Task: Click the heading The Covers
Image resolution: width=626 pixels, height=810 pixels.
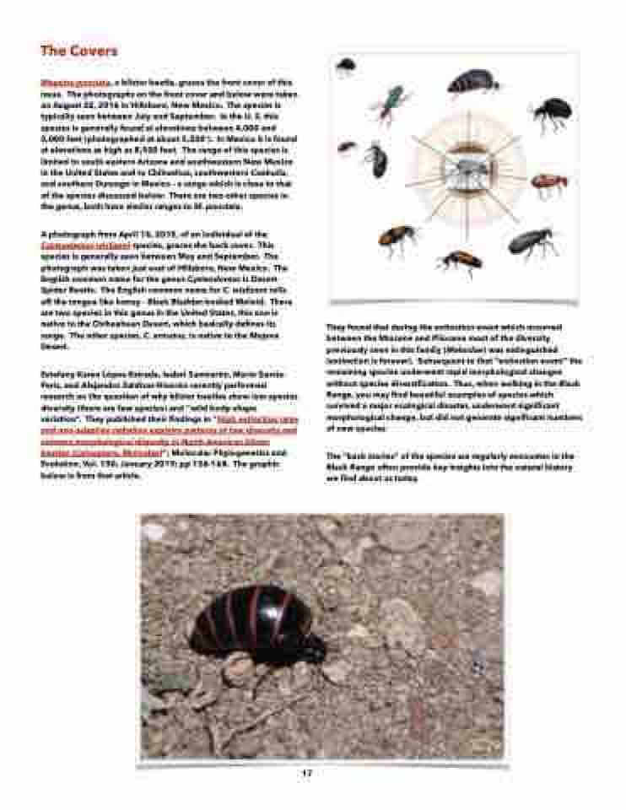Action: [79, 51]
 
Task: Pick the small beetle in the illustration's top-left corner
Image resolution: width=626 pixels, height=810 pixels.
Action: [345, 66]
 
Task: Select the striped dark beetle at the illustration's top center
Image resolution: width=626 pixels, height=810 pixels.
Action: [473, 82]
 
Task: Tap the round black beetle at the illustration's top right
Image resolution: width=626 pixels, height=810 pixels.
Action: [553, 111]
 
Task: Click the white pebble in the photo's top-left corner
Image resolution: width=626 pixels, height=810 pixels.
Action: [154, 532]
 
